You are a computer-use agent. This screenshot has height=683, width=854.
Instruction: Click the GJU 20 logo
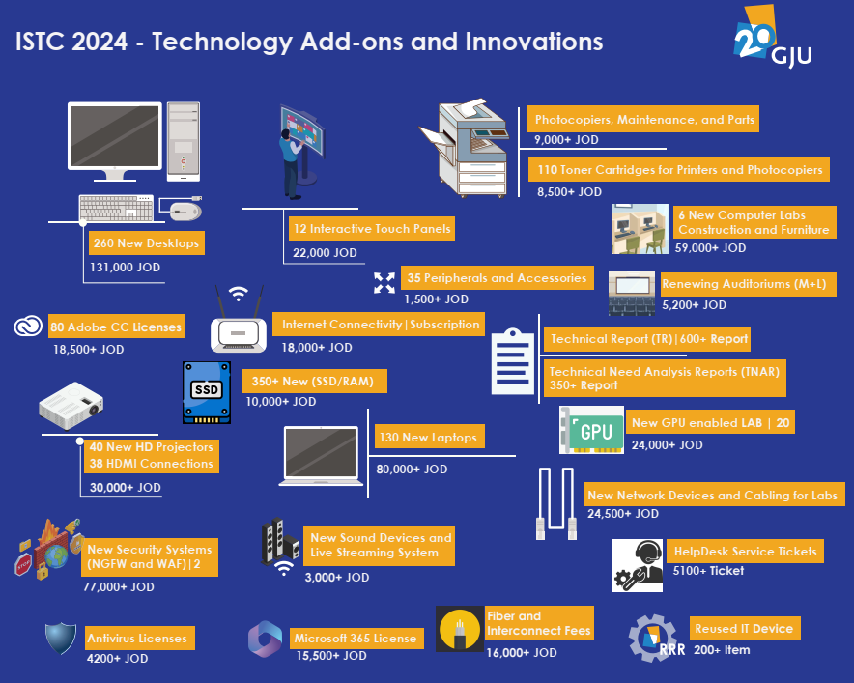pyautogui.click(x=772, y=36)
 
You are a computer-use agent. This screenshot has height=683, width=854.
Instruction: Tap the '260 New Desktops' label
pyautogui.click(x=147, y=242)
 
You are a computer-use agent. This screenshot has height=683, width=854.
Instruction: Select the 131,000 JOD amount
pyautogui.click(x=126, y=268)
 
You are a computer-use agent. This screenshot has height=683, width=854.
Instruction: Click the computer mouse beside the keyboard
pyautogui.click(x=185, y=211)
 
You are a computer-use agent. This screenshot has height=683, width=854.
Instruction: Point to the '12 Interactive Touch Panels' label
pyautogui.click(x=372, y=229)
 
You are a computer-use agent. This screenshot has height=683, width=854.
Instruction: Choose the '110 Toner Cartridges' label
pyautogui.click(x=679, y=169)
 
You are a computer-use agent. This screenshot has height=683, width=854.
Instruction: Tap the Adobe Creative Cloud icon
pyautogui.click(x=28, y=327)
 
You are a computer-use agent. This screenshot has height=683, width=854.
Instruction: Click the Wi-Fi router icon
pyautogui.click(x=239, y=321)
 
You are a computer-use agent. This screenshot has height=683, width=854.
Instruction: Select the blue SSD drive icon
pyautogui.click(x=207, y=392)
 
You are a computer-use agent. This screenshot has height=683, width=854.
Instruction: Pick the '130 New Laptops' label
pyautogui.click(x=428, y=437)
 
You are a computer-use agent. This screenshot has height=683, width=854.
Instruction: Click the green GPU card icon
pyautogui.click(x=591, y=430)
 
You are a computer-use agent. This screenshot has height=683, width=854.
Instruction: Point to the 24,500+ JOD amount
pyautogui.click(x=623, y=514)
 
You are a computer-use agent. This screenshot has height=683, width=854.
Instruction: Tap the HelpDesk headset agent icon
pyautogui.click(x=637, y=565)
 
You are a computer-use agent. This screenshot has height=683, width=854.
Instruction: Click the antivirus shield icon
pyautogui.click(x=61, y=638)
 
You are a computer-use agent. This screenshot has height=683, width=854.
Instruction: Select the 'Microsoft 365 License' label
pyautogui.click(x=356, y=638)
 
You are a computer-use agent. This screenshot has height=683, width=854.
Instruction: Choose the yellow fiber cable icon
pyautogui.click(x=460, y=629)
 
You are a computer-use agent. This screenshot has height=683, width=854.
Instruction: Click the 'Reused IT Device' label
pyautogui.click(x=745, y=629)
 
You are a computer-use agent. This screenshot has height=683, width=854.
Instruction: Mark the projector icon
pyautogui.click(x=71, y=406)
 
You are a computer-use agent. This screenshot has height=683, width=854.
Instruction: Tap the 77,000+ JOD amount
pyautogui.click(x=119, y=586)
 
